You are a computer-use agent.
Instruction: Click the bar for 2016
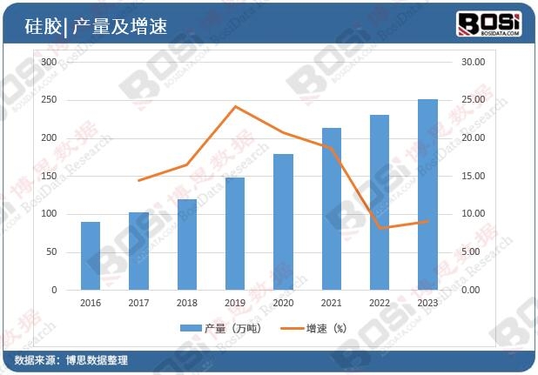point(91,256)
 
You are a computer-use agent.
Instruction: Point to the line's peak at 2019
point(234,107)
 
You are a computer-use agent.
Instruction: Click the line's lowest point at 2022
point(380,228)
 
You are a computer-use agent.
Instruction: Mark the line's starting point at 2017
point(138,180)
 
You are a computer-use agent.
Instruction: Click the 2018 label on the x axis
point(186,302)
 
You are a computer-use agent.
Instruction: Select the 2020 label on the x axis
point(283,302)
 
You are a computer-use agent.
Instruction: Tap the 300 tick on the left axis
point(49,63)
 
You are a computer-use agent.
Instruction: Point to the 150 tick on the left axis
point(49,176)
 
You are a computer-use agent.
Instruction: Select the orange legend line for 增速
point(291,329)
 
